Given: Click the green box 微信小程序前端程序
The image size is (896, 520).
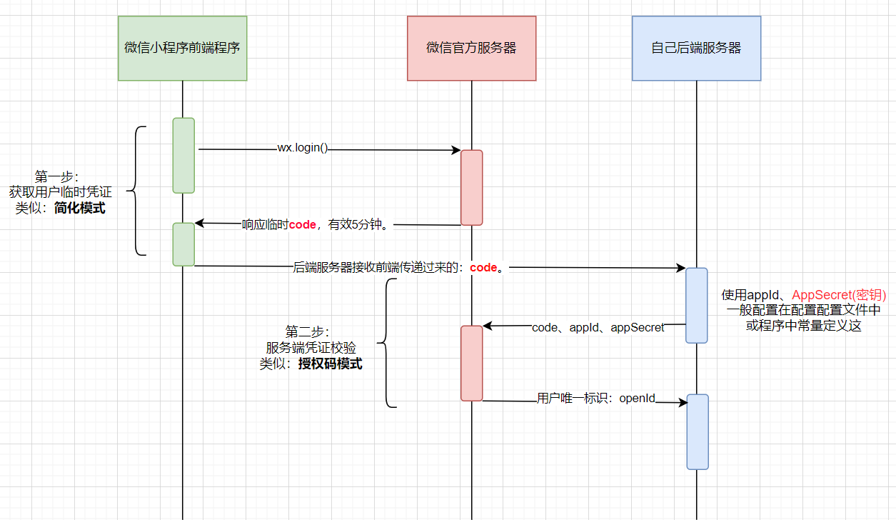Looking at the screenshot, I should click(x=182, y=49).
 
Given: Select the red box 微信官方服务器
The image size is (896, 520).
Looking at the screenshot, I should click(x=471, y=49).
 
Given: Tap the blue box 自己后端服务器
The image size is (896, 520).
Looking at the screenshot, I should click(x=696, y=49).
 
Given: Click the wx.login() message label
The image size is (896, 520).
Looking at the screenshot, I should click(x=303, y=149).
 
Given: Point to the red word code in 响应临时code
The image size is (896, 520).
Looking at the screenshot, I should click(x=302, y=224).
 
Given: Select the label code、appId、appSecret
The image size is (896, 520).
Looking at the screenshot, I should click(x=598, y=327).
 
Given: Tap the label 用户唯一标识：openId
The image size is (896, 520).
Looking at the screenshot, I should click(x=596, y=399).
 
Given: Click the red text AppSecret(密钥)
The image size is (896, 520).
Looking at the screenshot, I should click(x=839, y=295).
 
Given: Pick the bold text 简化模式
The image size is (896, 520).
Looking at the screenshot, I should click(x=80, y=209).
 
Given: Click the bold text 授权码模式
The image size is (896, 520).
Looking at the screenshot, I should click(x=330, y=364).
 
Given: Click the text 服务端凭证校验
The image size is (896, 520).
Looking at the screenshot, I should click(x=311, y=348).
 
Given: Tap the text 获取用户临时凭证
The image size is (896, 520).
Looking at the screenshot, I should click(x=60, y=192).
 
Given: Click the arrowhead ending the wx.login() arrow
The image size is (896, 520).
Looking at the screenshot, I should click(x=456, y=150).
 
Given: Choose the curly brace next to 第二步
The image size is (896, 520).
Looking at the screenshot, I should click(x=386, y=344).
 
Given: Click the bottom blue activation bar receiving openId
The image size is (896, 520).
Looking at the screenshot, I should click(x=698, y=431).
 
